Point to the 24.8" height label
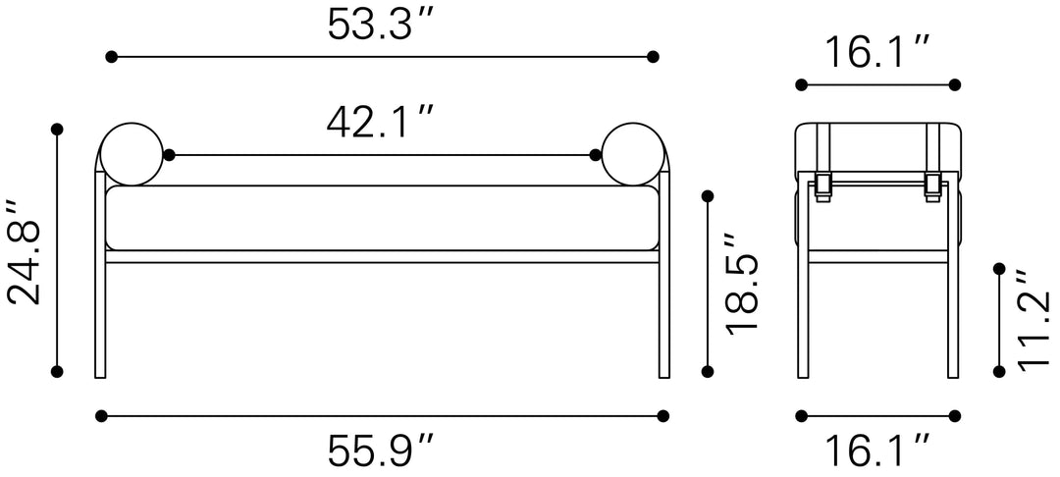(x=24, y=252)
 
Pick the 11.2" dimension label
(x=1033, y=320)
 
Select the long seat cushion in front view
(x=382, y=217)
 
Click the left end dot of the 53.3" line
(x=112, y=57)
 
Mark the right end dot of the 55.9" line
(x=663, y=415)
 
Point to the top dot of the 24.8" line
(x=57, y=129)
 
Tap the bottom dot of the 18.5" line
(x=707, y=371)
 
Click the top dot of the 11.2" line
(x=999, y=267)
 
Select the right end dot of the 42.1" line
(x=595, y=155)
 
